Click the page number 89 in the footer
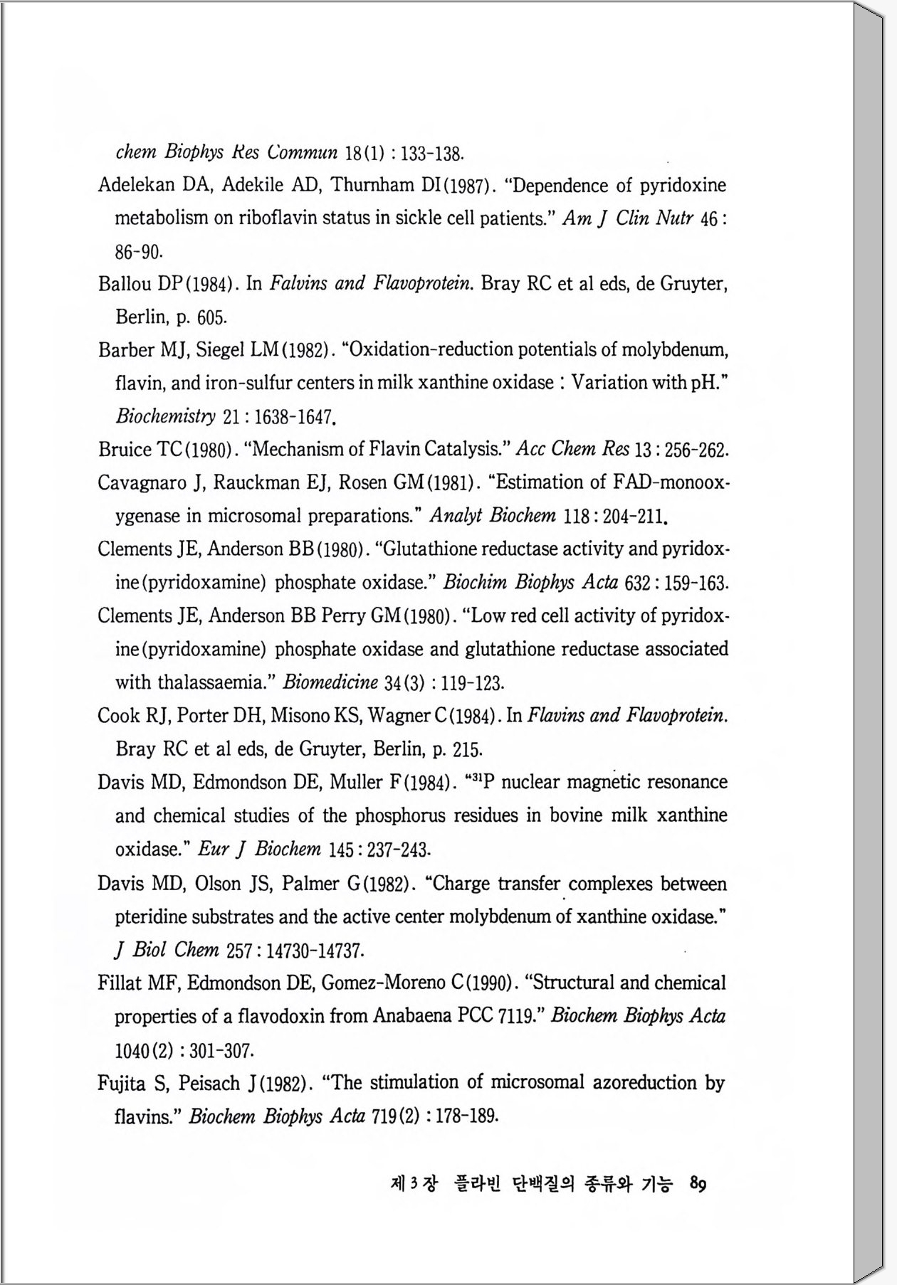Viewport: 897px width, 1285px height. point(698,1184)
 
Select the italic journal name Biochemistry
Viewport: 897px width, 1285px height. point(165,416)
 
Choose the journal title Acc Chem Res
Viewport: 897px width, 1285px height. point(572,449)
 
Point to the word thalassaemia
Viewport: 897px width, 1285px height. point(213,682)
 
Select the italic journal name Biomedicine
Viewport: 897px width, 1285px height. point(330,682)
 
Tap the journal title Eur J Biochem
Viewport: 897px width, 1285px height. point(259,849)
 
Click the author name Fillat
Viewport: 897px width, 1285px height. point(117,983)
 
